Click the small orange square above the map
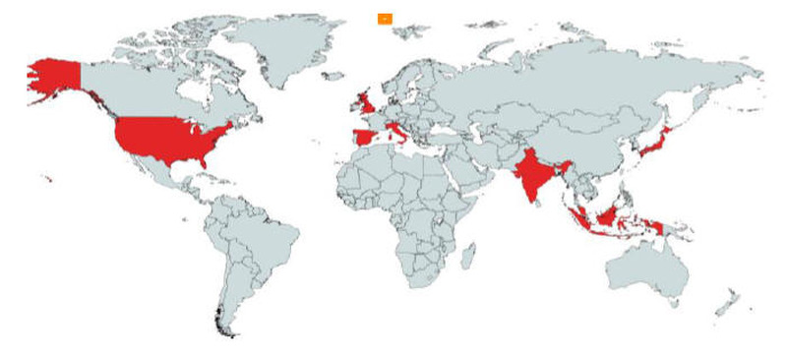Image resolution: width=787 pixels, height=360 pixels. (385, 18)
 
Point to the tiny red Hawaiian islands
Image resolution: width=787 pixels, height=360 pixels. (46, 178)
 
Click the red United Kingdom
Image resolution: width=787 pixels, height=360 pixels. (365, 102)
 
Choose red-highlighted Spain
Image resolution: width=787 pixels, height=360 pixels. (363, 137)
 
